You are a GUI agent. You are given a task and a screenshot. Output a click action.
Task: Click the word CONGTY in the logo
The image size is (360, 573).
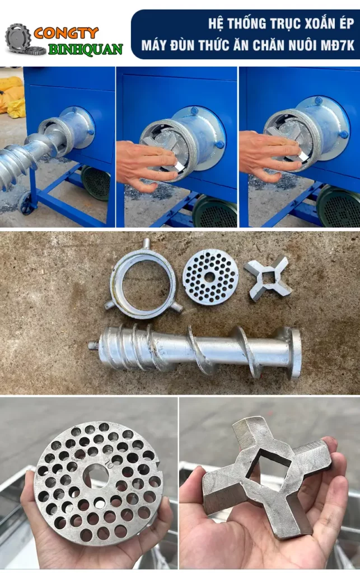pyautogui.click(x=66, y=33)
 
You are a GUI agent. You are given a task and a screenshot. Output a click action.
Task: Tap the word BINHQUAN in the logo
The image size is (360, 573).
pyautogui.click(x=86, y=49)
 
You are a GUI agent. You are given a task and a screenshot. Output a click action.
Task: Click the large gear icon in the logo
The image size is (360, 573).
pyautogui.click(x=17, y=36)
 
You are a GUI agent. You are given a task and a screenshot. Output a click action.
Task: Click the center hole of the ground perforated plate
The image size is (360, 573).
pyautogui.click(x=209, y=278)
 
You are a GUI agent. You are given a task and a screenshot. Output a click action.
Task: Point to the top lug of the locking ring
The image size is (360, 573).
pyautogui.click(x=146, y=243)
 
